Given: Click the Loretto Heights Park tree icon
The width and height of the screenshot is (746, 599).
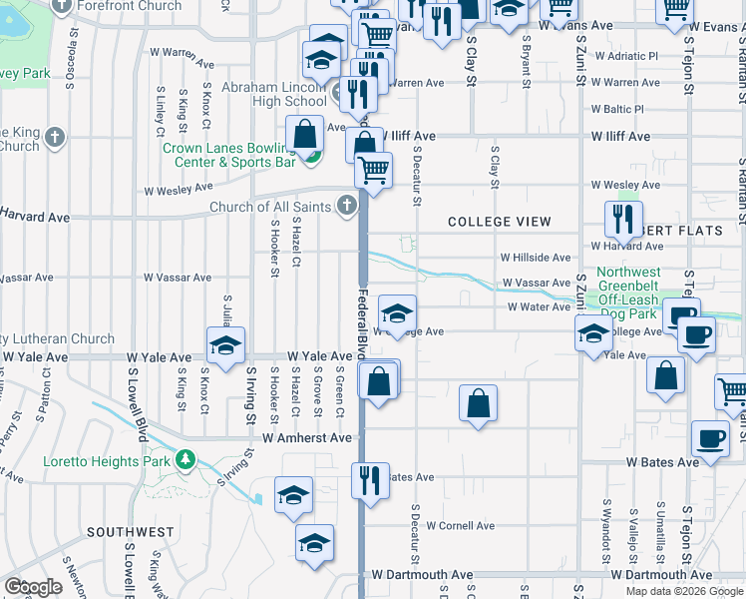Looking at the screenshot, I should (184, 459).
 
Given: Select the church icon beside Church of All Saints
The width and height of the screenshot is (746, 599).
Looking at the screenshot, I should (347, 207).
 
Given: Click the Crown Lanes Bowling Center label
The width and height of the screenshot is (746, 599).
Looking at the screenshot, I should (229, 155).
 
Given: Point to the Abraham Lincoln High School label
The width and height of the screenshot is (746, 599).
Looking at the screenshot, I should (273, 94).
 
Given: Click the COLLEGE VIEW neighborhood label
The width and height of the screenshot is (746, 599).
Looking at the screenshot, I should (500, 222).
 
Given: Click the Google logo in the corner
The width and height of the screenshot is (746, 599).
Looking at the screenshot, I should (33, 587).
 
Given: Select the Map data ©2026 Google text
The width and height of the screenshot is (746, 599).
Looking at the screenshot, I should (684, 591).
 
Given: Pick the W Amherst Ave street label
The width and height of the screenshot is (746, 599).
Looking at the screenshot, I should (307, 437).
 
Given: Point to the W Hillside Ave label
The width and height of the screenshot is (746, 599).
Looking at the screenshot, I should (536, 258).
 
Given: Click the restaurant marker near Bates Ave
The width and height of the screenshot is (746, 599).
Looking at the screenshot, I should (370, 481).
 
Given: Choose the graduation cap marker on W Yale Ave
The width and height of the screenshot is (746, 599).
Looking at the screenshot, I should (226, 345).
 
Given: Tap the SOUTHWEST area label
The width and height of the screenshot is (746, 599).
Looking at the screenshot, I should (130, 532).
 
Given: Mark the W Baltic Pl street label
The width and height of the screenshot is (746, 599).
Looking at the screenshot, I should (617, 109).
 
